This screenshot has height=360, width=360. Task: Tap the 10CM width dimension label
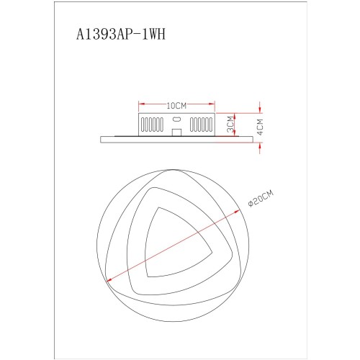[x=176, y=105]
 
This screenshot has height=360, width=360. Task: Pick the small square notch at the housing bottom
[x=176, y=132]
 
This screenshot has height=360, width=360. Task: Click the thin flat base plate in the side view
[x=176, y=137]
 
